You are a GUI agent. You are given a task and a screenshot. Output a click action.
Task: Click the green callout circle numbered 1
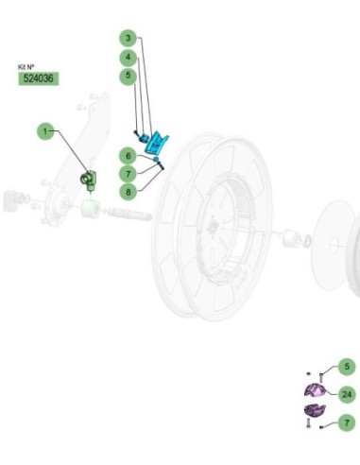click(x=45, y=131)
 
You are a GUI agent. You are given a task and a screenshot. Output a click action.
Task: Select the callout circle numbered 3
click(x=128, y=39)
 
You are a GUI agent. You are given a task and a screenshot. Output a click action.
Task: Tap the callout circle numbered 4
click(x=128, y=58)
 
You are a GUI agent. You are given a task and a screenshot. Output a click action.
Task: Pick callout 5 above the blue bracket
click(x=128, y=76)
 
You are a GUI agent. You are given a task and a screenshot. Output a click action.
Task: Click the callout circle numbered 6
click(x=128, y=156)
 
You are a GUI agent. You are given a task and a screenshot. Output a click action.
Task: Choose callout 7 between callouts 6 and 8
click(x=128, y=174)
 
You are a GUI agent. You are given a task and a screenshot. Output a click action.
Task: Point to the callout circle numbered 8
click(x=128, y=192)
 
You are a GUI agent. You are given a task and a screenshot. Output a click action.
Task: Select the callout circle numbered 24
click(x=347, y=394)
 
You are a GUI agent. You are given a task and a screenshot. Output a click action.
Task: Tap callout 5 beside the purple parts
click(x=347, y=367)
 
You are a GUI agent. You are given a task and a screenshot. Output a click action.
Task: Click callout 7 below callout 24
click(x=347, y=422)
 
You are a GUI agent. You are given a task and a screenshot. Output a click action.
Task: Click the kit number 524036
click(x=39, y=78)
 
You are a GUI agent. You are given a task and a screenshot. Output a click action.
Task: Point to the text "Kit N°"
click(x=26, y=67)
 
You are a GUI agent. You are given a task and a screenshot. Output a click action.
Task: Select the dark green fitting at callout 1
click(x=89, y=180)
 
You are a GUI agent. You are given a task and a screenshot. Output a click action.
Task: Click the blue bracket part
click(x=156, y=144)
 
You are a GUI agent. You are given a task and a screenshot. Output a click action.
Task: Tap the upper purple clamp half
click(x=315, y=390)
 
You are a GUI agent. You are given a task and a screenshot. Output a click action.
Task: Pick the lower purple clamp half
click(x=314, y=410)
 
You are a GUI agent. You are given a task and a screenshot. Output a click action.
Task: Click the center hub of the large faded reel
click(x=214, y=226)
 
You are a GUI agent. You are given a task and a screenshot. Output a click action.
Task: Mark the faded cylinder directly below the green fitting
click(x=91, y=208)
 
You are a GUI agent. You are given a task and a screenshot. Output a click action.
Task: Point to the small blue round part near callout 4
click(x=145, y=137)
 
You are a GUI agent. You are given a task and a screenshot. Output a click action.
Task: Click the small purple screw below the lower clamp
click(x=308, y=422)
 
